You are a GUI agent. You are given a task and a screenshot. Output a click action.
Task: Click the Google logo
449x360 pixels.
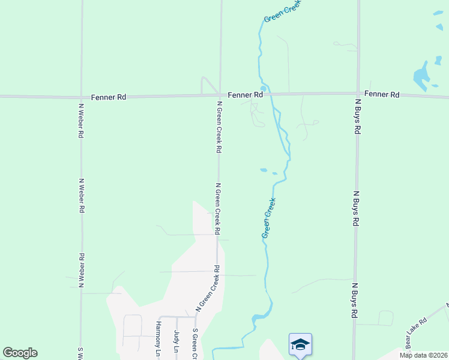20,353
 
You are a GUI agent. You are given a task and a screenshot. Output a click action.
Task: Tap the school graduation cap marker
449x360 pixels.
300,344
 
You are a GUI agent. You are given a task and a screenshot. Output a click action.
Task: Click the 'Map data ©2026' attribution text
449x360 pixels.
423,355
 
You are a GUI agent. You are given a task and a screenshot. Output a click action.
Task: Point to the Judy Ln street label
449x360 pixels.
176,341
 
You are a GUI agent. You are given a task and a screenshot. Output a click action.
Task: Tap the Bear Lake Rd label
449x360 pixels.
415,330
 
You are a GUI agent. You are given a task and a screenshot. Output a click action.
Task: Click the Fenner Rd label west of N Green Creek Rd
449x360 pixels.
109,97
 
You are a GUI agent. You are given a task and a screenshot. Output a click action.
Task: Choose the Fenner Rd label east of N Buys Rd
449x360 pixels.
382,94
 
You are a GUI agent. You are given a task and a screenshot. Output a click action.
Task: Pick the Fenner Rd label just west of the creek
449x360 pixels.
246,95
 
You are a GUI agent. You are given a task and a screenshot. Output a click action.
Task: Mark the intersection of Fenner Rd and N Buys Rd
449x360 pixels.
358,94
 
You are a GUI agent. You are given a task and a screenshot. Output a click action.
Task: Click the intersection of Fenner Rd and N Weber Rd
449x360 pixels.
81,97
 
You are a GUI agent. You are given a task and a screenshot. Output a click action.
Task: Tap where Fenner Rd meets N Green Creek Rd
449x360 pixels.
220,95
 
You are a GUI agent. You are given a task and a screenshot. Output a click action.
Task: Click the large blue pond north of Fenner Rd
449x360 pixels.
421,74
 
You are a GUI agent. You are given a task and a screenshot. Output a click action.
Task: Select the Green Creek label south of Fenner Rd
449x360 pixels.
269,218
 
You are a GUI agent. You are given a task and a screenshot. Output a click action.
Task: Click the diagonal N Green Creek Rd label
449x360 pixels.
208,289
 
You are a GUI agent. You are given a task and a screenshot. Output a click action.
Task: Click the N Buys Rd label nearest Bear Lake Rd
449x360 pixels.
355,300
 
